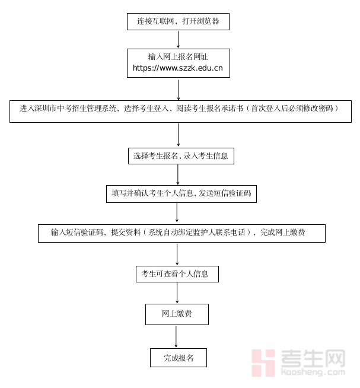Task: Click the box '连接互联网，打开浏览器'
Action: click(x=178, y=21)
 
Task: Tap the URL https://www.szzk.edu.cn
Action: click(x=177, y=68)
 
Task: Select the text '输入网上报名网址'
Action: click(x=177, y=57)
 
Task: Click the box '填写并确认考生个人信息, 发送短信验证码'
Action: click(x=181, y=193)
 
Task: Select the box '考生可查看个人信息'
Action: click(x=177, y=273)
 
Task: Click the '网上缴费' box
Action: click(x=177, y=314)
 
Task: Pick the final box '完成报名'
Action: click(x=178, y=358)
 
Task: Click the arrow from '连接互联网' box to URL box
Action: click(x=179, y=39)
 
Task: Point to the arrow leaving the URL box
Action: click(x=179, y=89)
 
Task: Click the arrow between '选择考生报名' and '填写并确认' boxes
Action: click(x=178, y=174)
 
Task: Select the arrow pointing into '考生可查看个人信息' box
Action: click(x=177, y=254)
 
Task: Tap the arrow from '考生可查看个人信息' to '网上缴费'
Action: click(x=177, y=293)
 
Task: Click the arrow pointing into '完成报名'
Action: click(x=176, y=336)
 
